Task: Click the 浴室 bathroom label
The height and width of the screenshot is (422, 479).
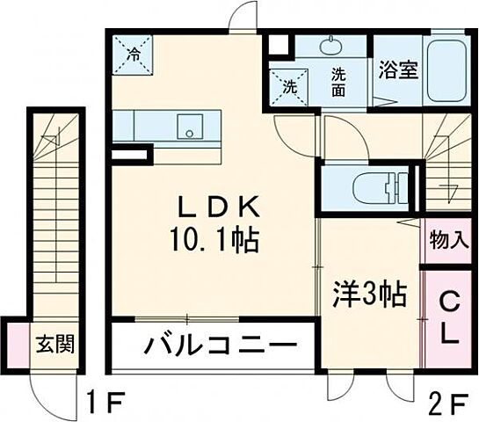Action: pos(397,69)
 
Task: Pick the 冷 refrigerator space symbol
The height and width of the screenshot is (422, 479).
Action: pos(134,55)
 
